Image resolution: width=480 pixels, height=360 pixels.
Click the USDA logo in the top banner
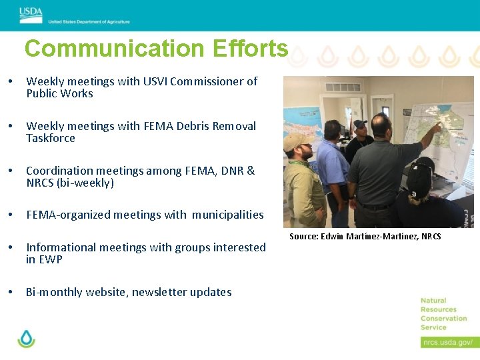tap(31, 11)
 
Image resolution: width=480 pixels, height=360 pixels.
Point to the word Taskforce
tap(51, 139)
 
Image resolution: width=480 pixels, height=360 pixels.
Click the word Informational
tap(62, 247)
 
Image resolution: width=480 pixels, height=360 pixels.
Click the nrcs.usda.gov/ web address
tap(447, 342)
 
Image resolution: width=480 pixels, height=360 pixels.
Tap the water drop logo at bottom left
tap(26, 338)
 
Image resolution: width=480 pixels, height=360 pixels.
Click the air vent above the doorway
tap(343, 87)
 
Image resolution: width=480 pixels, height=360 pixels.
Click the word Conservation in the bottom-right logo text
tap(443, 318)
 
